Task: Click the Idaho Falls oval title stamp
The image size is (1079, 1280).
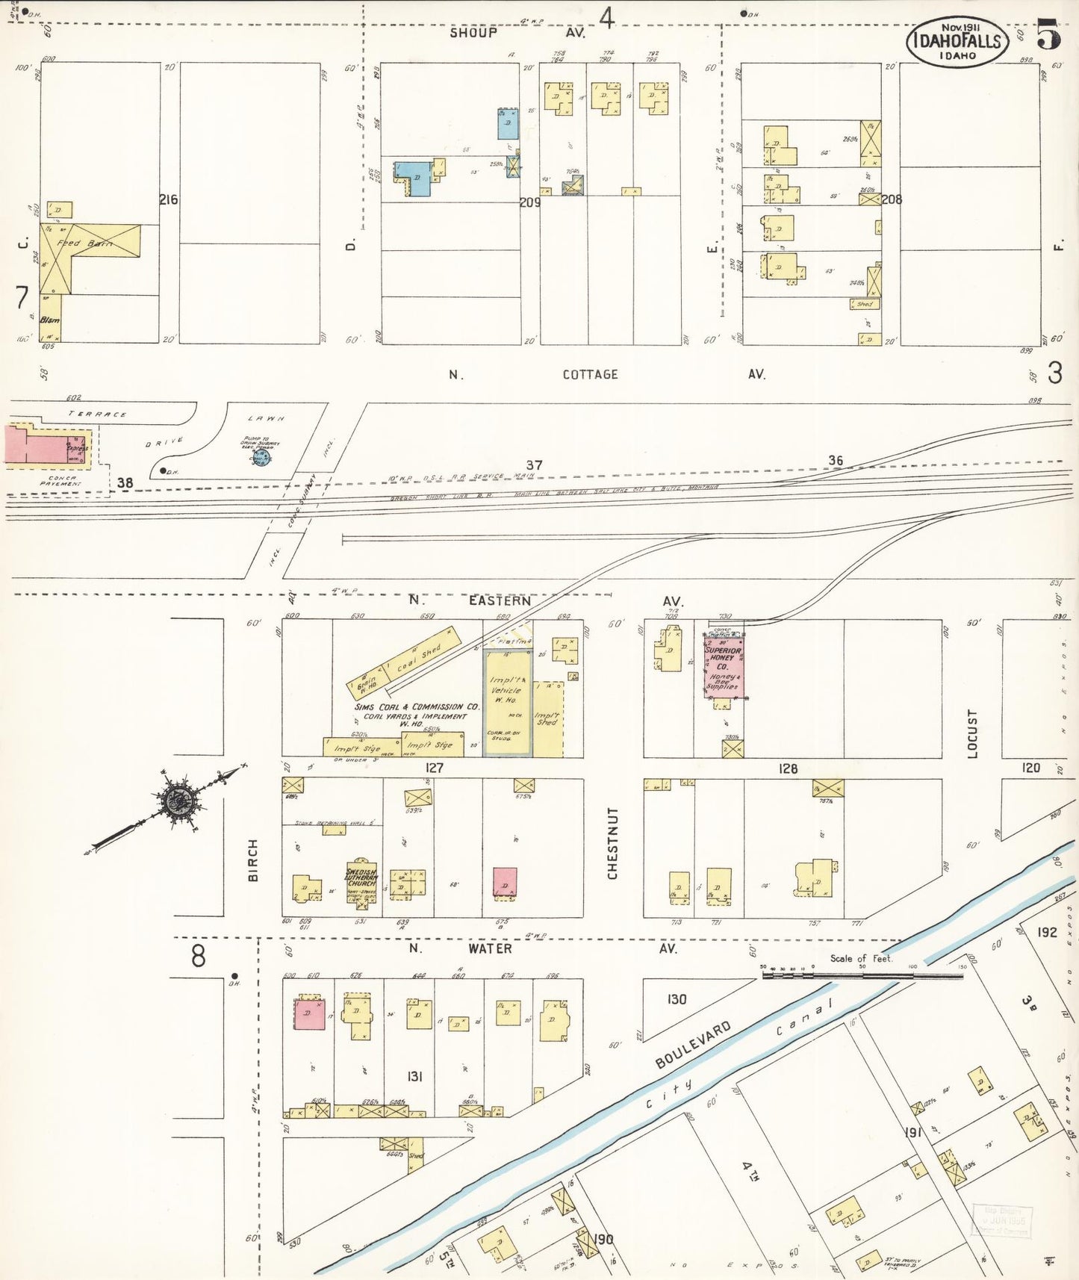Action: click(x=958, y=41)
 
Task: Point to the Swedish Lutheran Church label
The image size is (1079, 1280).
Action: click(x=361, y=878)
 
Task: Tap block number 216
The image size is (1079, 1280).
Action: click(x=169, y=199)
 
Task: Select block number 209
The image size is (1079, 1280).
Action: click(x=530, y=202)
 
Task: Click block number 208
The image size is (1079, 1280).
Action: click(x=892, y=199)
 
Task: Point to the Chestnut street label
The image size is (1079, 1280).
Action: click(x=612, y=842)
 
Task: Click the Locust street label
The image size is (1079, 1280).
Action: click(x=972, y=733)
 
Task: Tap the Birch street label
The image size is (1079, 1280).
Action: click(x=253, y=860)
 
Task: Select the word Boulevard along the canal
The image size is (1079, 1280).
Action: click(x=693, y=1044)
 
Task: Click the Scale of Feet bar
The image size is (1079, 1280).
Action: click(x=862, y=975)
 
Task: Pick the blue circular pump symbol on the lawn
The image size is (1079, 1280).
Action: click(x=261, y=453)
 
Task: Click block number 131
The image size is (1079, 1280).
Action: click(x=415, y=1076)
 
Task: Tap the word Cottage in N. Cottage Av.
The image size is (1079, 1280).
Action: click(x=590, y=374)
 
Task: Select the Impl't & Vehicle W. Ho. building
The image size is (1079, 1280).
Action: click(x=508, y=702)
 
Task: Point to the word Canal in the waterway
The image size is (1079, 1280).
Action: click(x=803, y=1019)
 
